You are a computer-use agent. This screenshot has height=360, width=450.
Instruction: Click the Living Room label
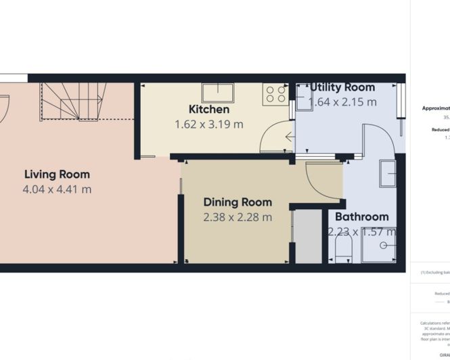(x=57, y=174)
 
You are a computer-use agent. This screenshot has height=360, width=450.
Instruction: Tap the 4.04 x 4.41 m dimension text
(x=57, y=189)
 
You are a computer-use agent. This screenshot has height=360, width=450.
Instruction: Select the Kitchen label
(x=208, y=109)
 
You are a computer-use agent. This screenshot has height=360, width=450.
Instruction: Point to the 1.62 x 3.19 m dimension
(x=208, y=124)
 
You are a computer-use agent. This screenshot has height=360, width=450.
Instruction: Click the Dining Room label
(x=238, y=202)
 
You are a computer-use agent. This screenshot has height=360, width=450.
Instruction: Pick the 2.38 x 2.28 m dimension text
(x=238, y=217)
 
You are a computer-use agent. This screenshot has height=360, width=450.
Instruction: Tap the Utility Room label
(x=342, y=87)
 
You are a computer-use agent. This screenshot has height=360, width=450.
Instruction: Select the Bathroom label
(x=362, y=217)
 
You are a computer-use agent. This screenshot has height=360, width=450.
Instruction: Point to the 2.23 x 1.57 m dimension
(x=362, y=231)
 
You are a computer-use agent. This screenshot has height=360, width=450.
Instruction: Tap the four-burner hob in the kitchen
(x=275, y=93)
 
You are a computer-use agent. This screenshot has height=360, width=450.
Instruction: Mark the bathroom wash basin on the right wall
(x=388, y=173)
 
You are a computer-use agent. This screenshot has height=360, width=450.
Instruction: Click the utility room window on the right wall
(x=403, y=102)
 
